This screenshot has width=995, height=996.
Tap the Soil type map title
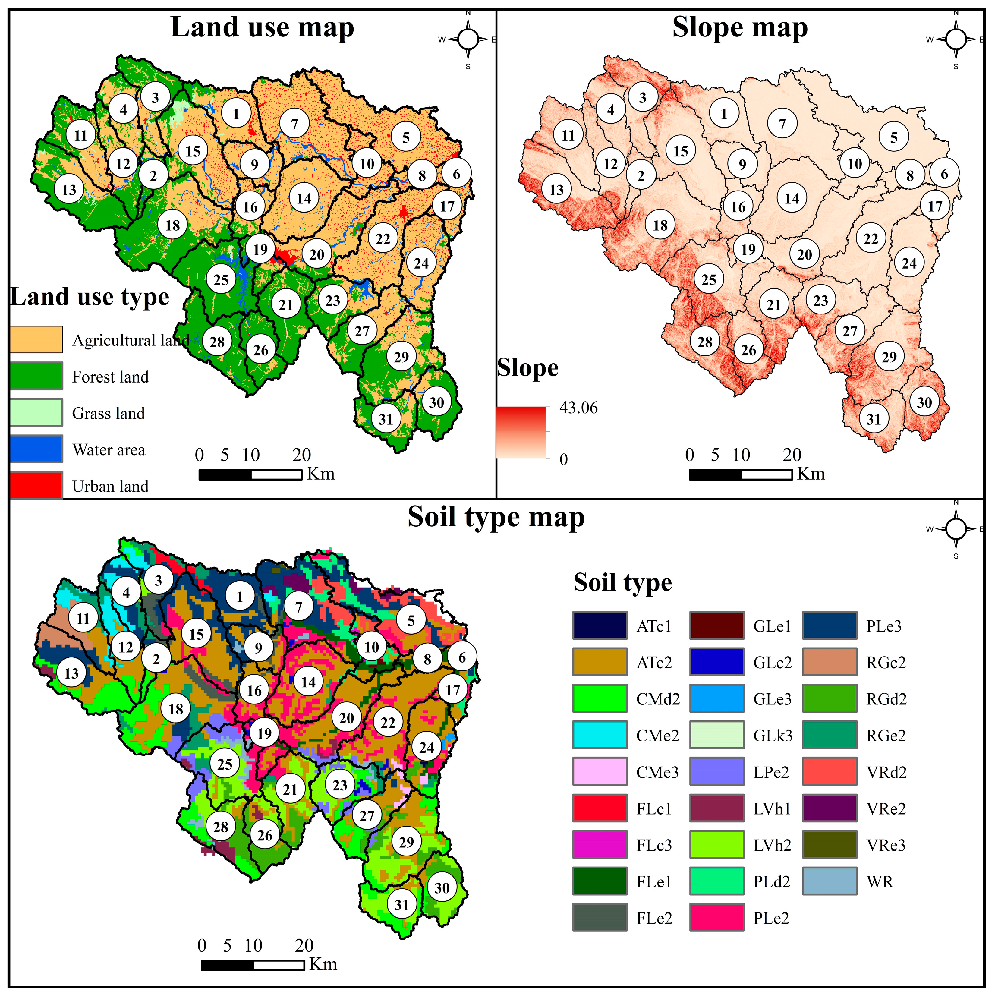click(x=496, y=517)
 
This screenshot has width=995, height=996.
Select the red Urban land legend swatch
click(x=36, y=485)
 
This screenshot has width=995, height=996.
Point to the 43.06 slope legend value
click(x=578, y=408)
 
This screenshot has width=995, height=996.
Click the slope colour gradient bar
click(x=521, y=432)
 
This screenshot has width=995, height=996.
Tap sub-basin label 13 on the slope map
click(x=556, y=190)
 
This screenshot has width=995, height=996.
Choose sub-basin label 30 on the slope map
click(x=924, y=402)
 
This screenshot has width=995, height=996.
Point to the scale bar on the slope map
click(x=740, y=474)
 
